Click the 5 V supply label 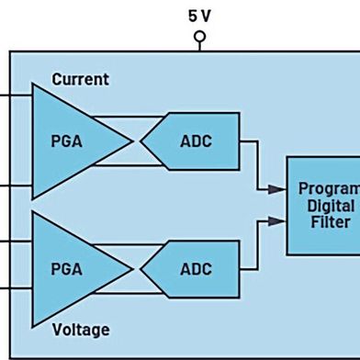[x=199, y=16]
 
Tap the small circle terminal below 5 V [x=199, y=38]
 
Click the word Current [x=80, y=79]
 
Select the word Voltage [x=80, y=329]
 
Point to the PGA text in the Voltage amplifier [x=66, y=269]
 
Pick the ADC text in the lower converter [x=196, y=269]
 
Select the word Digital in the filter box [x=332, y=205]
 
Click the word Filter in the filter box [x=331, y=222]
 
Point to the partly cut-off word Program [x=329, y=188]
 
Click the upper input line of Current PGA [x=16, y=94]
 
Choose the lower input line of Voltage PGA [x=16, y=287]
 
